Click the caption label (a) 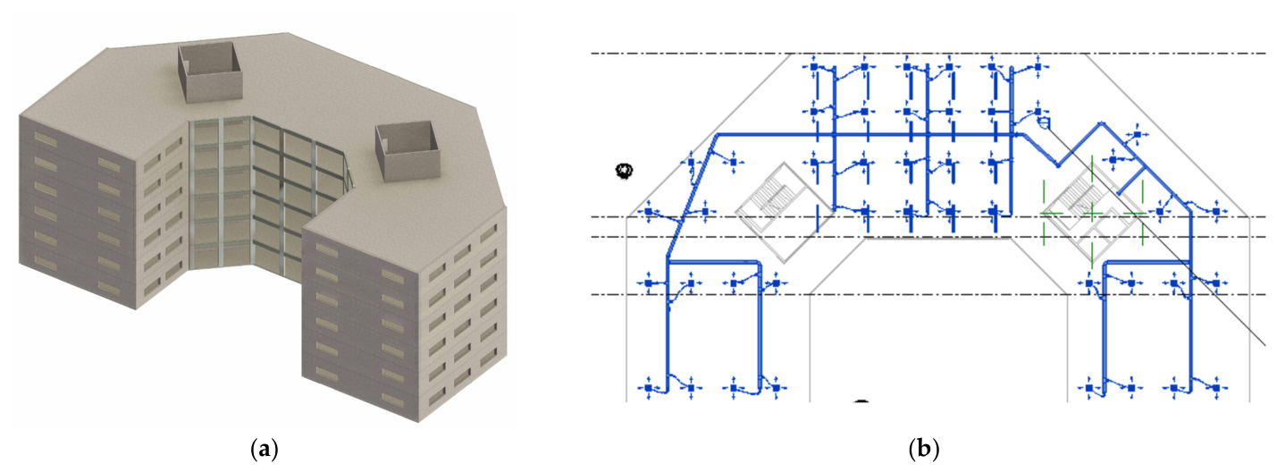coord(265,449)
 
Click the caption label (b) coord(923,449)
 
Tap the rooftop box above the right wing coord(407,150)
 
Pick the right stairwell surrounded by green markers coord(1091,213)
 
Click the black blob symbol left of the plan coord(625,171)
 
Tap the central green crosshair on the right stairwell coord(1092,215)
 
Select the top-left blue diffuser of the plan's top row coord(814,67)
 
